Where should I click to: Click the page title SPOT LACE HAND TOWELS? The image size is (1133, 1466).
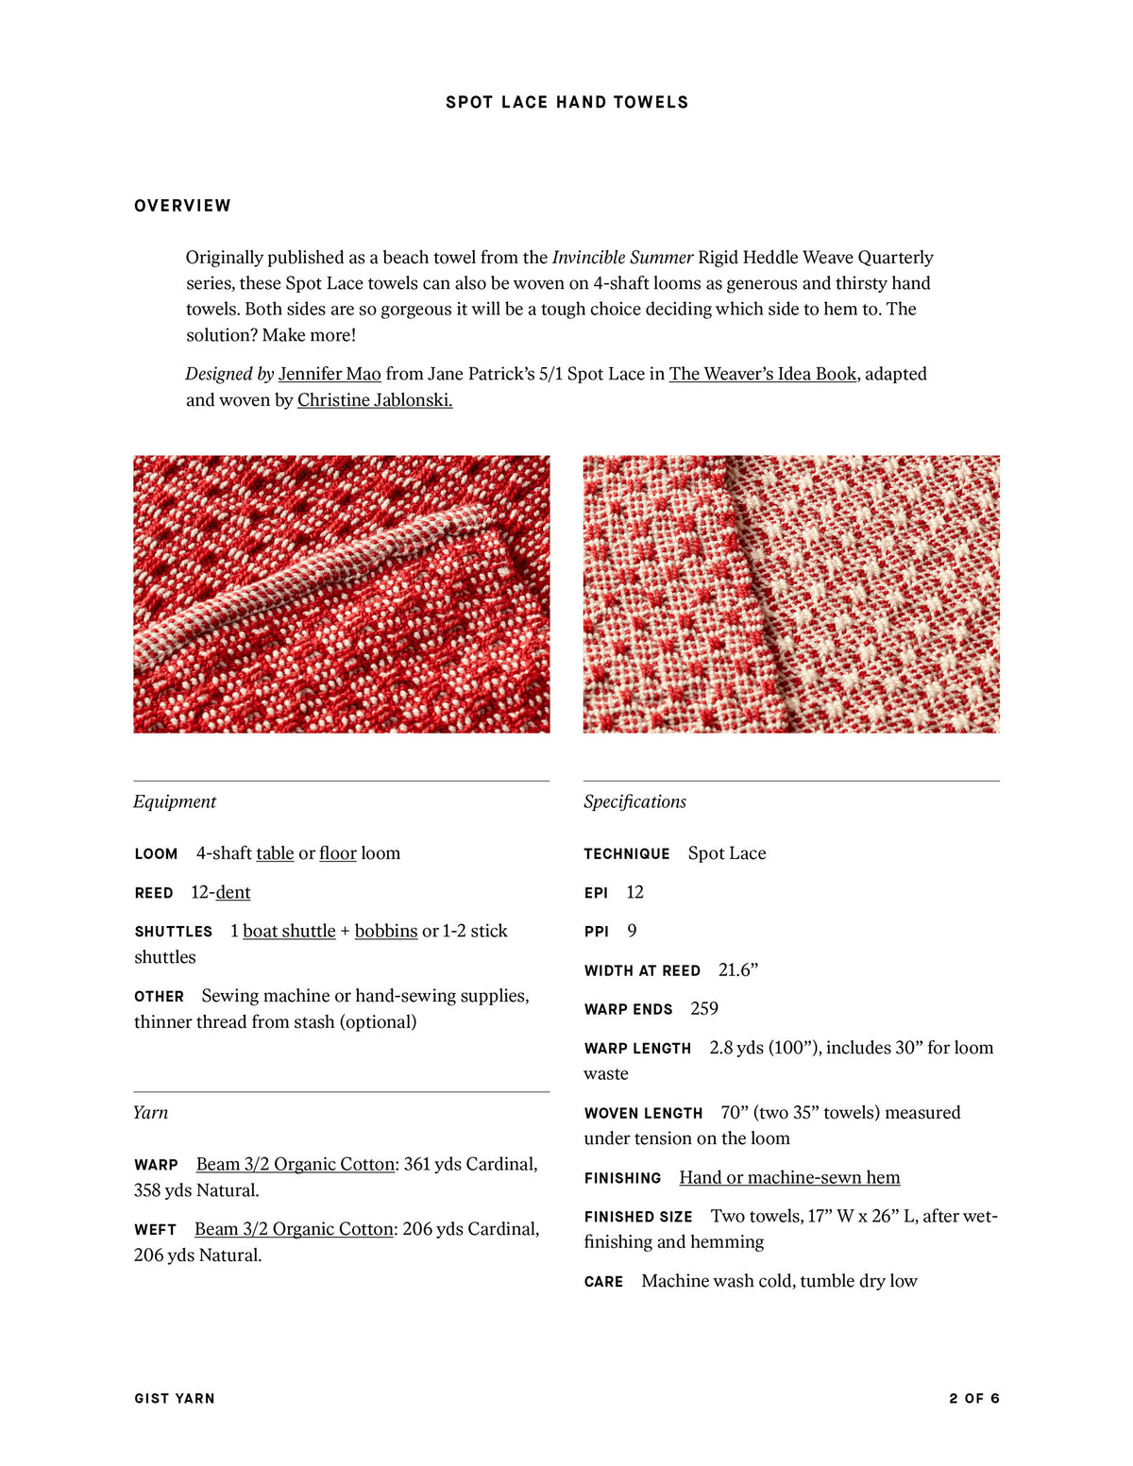[x=566, y=102]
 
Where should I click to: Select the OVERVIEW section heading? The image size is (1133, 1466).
[x=182, y=206]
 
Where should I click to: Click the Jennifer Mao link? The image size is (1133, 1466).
[x=330, y=374]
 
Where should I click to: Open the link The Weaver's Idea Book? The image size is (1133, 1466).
[x=763, y=374]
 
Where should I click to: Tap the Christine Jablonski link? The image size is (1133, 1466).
[x=375, y=400]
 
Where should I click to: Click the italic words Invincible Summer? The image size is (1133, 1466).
[x=622, y=258]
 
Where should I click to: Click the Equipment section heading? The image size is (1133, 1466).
[x=175, y=801]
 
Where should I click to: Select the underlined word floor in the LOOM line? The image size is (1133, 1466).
[x=337, y=853]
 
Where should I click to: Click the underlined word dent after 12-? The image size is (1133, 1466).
[x=233, y=892]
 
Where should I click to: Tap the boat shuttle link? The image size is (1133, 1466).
[x=289, y=931]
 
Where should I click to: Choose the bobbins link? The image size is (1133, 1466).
[x=385, y=931]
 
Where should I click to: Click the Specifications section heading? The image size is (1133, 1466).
[x=634, y=801]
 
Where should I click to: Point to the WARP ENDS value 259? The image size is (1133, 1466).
[x=704, y=1008]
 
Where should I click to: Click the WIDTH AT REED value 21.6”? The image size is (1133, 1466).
[x=738, y=969]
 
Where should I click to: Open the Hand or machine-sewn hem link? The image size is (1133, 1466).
[x=789, y=1177]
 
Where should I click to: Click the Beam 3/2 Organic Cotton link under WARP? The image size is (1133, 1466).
[x=295, y=1164]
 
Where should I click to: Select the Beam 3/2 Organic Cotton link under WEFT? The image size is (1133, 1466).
[x=294, y=1229]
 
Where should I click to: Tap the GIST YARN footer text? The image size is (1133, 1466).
[x=175, y=1398]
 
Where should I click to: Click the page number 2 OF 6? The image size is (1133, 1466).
[x=973, y=1398]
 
